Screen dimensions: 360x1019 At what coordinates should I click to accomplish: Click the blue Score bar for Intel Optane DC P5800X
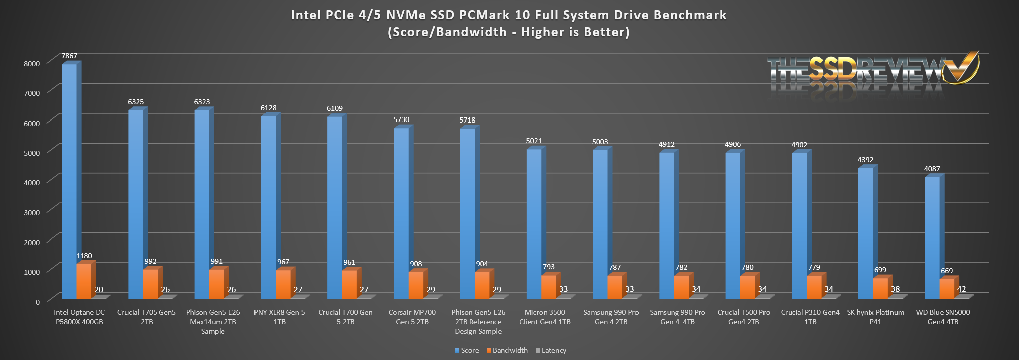(x=69, y=181)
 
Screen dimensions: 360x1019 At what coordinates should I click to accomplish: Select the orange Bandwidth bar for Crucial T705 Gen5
(x=150, y=284)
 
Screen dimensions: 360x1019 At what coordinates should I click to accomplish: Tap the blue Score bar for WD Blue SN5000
(x=932, y=236)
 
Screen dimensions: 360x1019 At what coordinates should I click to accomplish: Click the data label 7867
(x=69, y=56)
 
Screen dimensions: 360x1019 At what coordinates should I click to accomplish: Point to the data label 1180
(x=84, y=256)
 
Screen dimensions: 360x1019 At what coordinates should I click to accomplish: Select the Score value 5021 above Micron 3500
(x=534, y=141)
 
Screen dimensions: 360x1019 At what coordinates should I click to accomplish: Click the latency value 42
(x=961, y=289)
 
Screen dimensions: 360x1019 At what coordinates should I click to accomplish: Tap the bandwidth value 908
(x=416, y=264)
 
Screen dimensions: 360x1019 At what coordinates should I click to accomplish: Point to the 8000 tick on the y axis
(x=31, y=64)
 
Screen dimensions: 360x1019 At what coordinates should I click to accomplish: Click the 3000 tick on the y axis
(x=31, y=212)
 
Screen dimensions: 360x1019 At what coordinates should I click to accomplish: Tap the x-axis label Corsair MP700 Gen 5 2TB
(x=412, y=317)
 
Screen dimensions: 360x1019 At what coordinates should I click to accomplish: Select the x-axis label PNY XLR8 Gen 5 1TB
(x=279, y=317)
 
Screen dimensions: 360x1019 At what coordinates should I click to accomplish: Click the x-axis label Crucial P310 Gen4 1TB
(x=810, y=317)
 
